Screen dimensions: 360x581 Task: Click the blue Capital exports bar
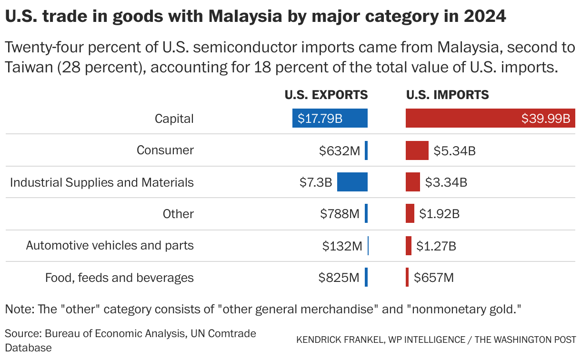[x=330, y=118]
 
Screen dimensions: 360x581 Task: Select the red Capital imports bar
[x=491, y=118]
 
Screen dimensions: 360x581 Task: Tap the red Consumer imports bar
[x=417, y=150]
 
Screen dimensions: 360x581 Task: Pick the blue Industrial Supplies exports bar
[x=352, y=182]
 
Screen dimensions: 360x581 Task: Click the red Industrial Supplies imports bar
[x=413, y=182]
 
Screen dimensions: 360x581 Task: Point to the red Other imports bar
[x=410, y=213]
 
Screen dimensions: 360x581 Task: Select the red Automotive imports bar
[x=409, y=246]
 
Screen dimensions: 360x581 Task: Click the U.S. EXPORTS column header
[x=326, y=95]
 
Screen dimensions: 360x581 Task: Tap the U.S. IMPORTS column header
[x=447, y=95]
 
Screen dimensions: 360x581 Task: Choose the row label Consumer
[x=165, y=150]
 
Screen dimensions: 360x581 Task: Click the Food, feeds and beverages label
[x=120, y=277]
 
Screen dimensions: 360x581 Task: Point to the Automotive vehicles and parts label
[x=110, y=245]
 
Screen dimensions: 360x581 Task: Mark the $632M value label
[x=340, y=151]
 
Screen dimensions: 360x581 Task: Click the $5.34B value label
[x=455, y=151]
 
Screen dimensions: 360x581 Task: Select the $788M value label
[x=340, y=214]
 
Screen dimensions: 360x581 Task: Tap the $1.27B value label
[x=436, y=246]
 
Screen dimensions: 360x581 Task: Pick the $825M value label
[x=339, y=278]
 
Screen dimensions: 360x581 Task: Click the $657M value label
[x=433, y=278]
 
